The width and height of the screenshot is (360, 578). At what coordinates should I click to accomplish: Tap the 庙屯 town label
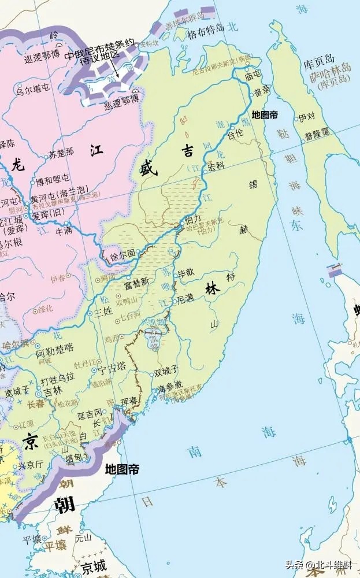[253, 75]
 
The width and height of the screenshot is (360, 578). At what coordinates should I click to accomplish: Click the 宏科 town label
[216, 166]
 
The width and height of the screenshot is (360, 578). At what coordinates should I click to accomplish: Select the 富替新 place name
[136, 283]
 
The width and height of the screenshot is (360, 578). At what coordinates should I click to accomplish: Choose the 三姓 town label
[102, 311]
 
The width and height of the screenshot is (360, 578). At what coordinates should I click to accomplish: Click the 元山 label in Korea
[83, 538]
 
